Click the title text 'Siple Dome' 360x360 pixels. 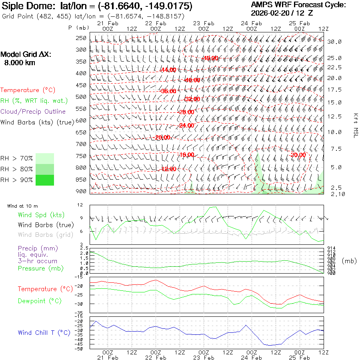[x=23, y=6]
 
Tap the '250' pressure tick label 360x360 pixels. [x=81, y=38]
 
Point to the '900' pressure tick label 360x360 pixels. [x=81, y=191]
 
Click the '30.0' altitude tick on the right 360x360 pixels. [x=334, y=42]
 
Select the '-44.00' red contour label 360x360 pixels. [x=168, y=70]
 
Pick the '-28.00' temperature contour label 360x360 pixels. [x=186, y=112]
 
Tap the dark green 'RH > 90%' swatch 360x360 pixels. [x=45, y=180]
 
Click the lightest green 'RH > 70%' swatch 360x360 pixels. [x=45, y=158]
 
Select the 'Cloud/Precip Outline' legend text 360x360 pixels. [x=33, y=111]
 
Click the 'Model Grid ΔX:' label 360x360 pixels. [x=26, y=55]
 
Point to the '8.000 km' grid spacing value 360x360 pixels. [x=20, y=62]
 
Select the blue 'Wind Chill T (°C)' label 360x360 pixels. [x=44, y=332]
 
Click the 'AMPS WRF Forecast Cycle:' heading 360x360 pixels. [x=298, y=5]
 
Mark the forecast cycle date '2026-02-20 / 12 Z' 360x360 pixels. [x=282, y=13]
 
